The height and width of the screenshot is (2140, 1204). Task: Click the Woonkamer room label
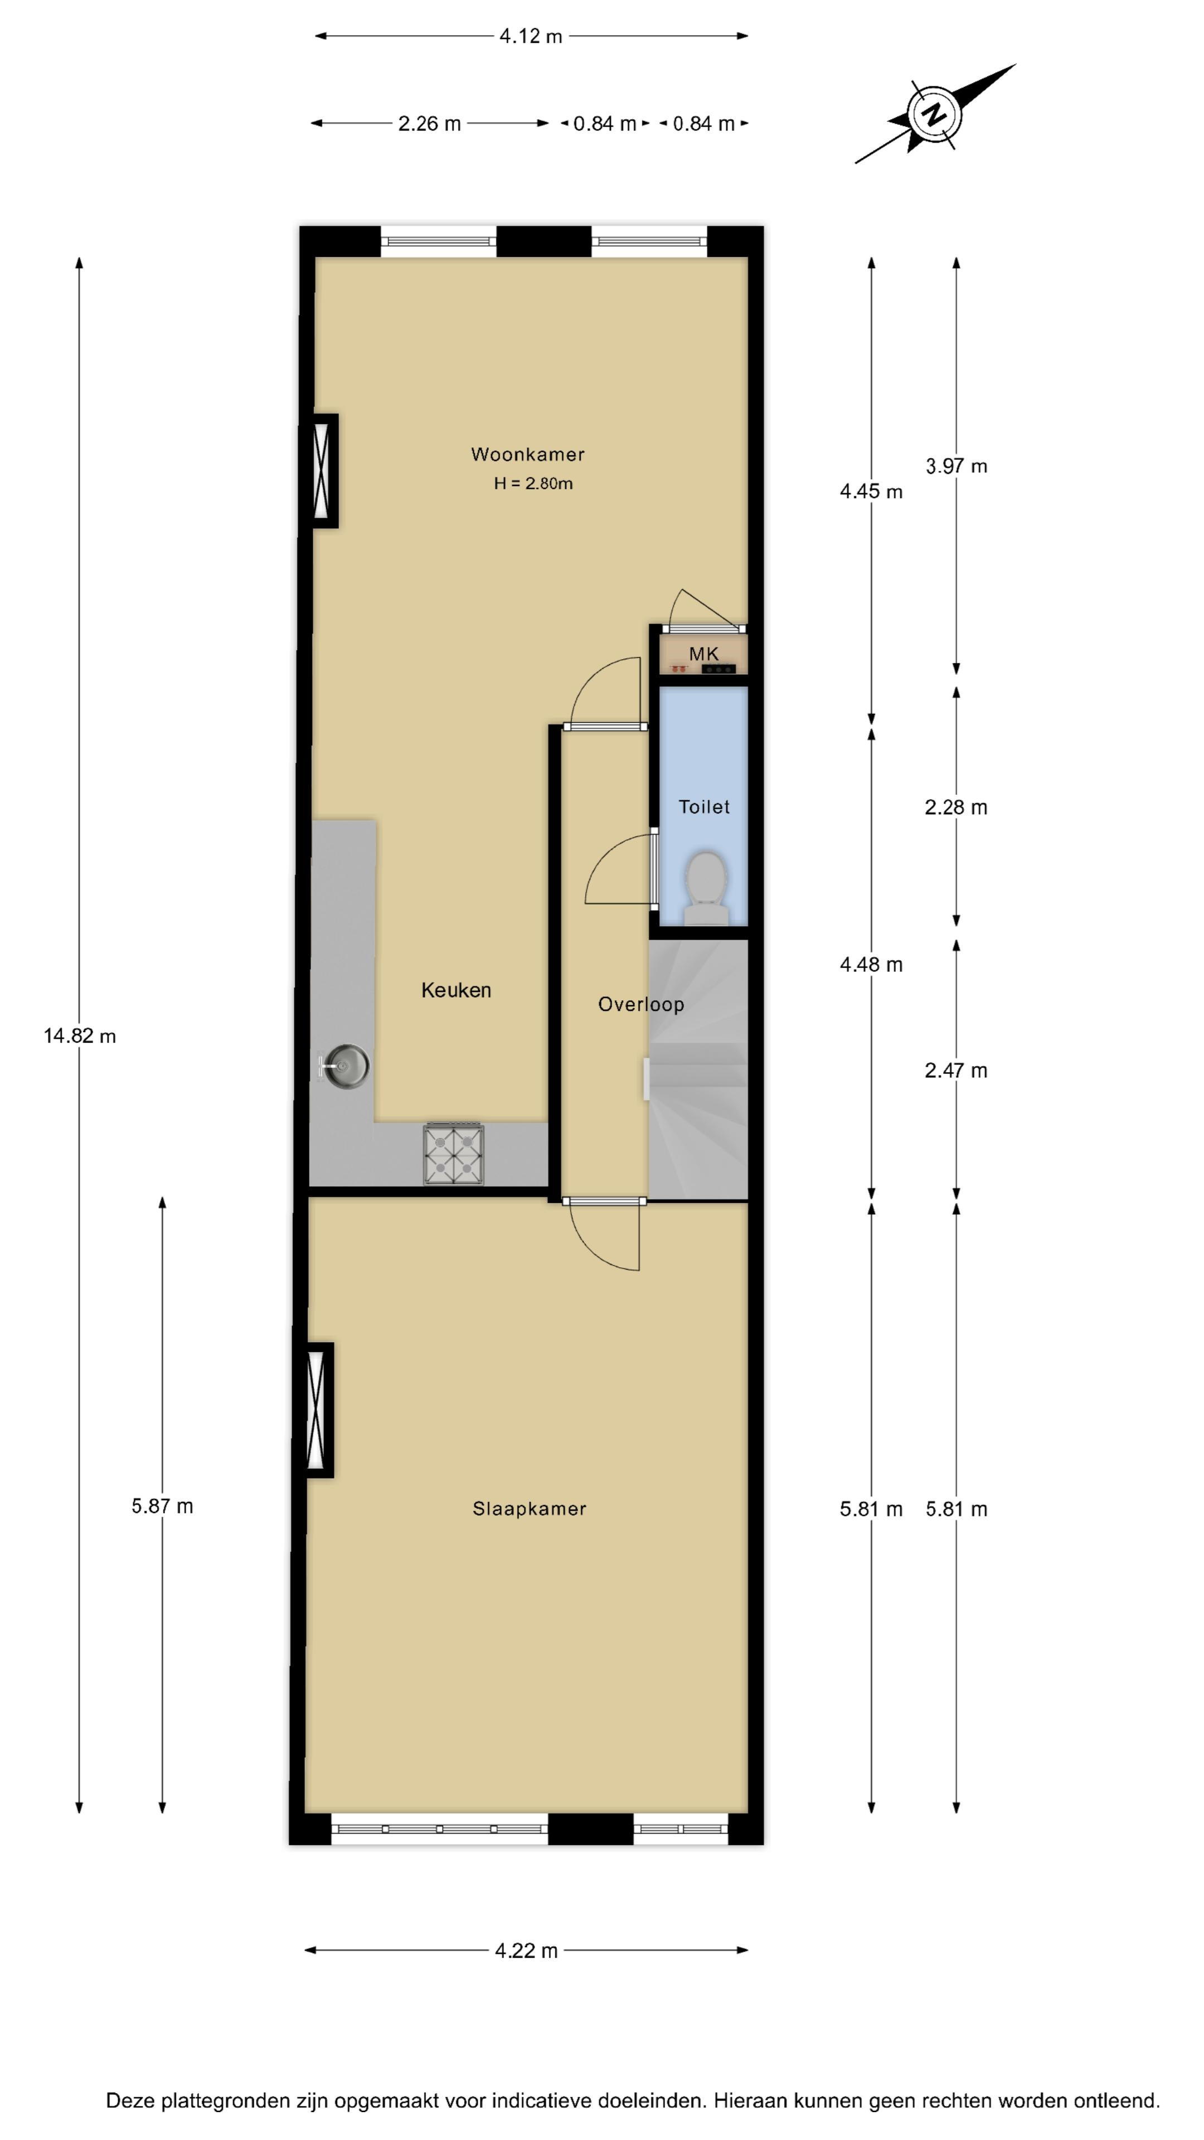[528, 454]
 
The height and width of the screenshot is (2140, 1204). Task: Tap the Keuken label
[456, 990]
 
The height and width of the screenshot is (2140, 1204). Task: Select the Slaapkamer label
[530, 1509]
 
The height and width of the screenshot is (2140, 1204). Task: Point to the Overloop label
[640, 1004]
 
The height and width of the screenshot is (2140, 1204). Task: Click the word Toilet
[704, 806]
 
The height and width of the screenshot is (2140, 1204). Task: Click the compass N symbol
[935, 114]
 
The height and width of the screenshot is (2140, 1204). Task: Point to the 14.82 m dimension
[80, 1036]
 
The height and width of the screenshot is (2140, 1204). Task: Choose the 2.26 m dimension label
[429, 124]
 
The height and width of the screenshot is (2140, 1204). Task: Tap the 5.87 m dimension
[162, 1506]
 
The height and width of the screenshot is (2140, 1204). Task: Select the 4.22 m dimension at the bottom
[526, 1951]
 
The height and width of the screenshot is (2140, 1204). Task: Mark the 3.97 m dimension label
[957, 466]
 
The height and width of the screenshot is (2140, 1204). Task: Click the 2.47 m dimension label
[957, 1070]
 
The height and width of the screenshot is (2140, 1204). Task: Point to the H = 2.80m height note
[533, 484]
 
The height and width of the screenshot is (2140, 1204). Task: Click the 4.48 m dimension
[871, 965]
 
